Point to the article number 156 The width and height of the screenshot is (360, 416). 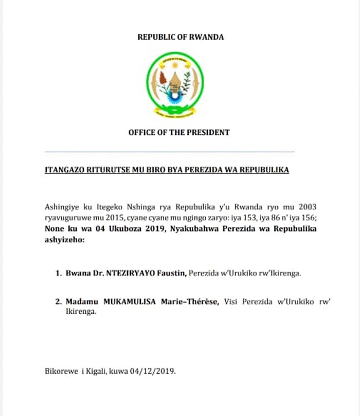[x=308, y=216]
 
